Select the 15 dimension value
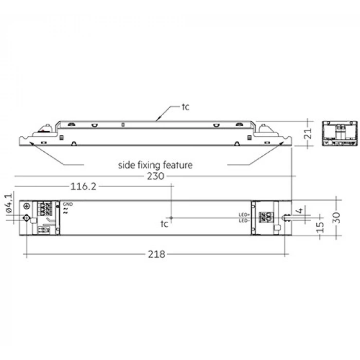coord(321,226)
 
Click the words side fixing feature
coord(155,165)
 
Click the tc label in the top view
coord(164,224)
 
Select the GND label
coord(67,204)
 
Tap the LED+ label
coord(244,214)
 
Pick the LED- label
coord(244,220)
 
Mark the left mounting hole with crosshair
coord(27,218)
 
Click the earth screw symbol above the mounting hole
coord(27,207)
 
